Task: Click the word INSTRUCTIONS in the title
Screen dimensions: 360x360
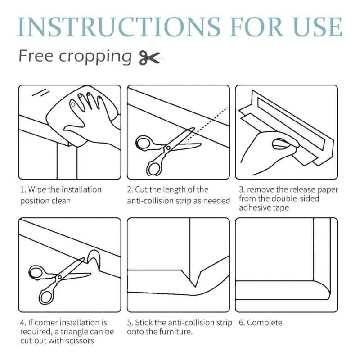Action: (119, 27)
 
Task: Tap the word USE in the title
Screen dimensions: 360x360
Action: (318, 27)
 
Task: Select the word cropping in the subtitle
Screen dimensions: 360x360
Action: (95, 57)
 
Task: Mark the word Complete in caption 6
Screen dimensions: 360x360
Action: (265, 323)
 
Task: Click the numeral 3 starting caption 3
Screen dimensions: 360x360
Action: (241, 189)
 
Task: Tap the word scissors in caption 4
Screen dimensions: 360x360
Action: (80, 341)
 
